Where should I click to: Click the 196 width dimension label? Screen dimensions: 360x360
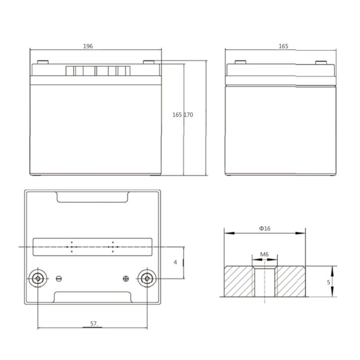coord(88,46)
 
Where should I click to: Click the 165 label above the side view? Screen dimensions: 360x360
coord(283,46)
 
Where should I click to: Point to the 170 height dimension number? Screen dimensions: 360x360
coord(188,115)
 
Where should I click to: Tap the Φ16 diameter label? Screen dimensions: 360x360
coord(265,229)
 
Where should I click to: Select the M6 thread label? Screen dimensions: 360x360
coord(264,254)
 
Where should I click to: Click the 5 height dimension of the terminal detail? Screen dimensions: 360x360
coord(328,282)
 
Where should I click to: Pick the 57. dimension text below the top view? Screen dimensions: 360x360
coord(94,324)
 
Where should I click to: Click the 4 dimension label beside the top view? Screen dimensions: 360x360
coord(175,262)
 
